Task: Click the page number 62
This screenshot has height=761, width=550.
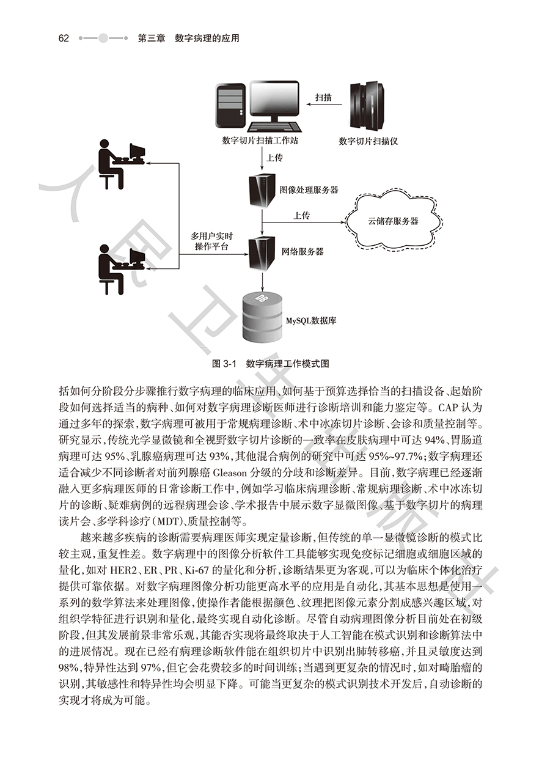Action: point(64,38)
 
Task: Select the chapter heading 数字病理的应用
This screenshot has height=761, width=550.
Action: point(207,38)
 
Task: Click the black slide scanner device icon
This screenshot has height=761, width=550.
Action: point(369,105)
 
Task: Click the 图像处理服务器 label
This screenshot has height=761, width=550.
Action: point(309,190)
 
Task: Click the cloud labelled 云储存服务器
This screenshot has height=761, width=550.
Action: point(392,221)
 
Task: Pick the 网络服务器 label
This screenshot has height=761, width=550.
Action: point(302,251)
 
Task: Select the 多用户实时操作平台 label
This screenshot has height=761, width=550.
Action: point(211,240)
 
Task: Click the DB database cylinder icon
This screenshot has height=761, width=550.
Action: point(262,312)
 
